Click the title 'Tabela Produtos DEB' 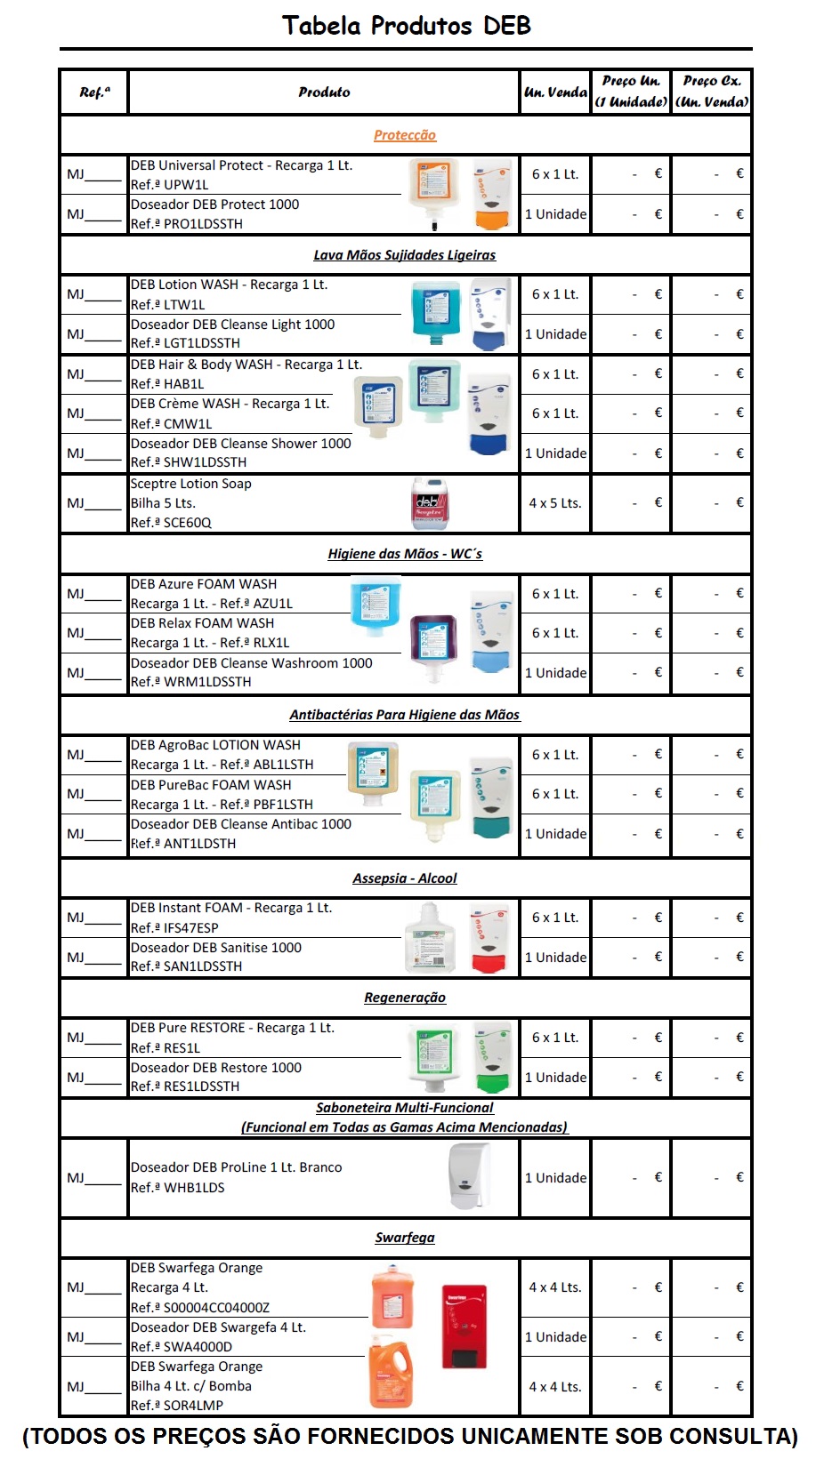click(x=407, y=26)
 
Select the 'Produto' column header click(x=324, y=92)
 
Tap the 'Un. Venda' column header click(x=555, y=92)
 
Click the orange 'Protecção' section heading click(x=405, y=135)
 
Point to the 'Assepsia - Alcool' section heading click(x=405, y=878)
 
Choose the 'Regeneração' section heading click(x=405, y=998)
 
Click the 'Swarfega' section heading click(x=405, y=1238)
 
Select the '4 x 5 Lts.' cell click(x=555, y=503)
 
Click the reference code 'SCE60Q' click(x=187, y=523)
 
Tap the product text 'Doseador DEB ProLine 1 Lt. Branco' click(x=236, y=1167)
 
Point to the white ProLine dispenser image click(x=469, y=1175)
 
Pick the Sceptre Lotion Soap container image click(x=430, y=503)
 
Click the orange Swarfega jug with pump click(x=391, y=1374)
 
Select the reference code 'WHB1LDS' click(x=193, y=1188)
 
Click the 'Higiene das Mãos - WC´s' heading click(x=405, y=554)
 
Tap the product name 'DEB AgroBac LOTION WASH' click(x=215, y=745)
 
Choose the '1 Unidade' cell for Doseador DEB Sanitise click(x=555, y=958)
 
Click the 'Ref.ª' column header click(x=94, y=92)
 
